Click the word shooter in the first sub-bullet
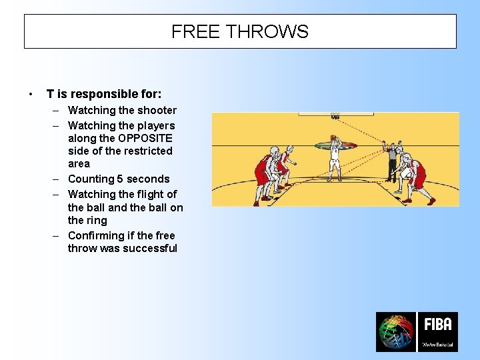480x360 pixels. (x=157, y=111)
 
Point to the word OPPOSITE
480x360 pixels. (x=145, y=138)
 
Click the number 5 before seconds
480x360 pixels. (x=119, y=179)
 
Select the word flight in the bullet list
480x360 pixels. (x=149, y=194)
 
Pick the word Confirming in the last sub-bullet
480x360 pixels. (x=95, y=235)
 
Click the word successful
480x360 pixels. (x=152, y=248)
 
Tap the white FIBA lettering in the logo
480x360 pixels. (x=438, y=325)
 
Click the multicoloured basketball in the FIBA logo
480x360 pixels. (x=395, y=332)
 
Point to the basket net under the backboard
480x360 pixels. (x=335, y=117)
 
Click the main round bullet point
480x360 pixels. (x=31, y=94)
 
